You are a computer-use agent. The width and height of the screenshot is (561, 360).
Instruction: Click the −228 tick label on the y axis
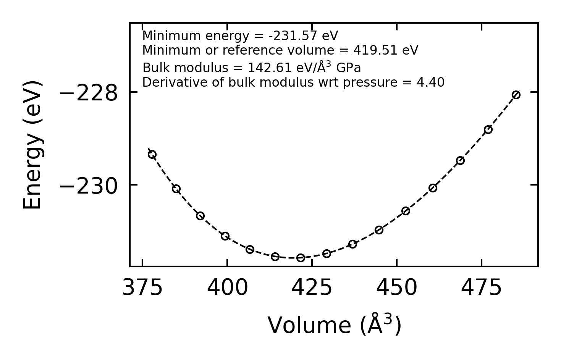tap(89, 93)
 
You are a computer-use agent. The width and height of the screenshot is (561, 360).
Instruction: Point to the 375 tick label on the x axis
tap(142, 288)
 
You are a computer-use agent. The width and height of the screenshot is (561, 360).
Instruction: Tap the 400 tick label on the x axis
tap(227, 288)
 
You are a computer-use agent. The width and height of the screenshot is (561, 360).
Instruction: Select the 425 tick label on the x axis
tap(312, 288)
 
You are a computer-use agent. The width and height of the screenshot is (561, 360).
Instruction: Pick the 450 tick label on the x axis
tap(397, 288)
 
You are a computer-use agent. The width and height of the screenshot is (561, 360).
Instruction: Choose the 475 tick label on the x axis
tap(481, 288)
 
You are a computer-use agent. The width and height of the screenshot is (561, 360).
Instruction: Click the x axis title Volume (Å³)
tap(334, 325)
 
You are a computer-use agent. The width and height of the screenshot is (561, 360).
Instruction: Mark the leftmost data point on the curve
tap(152, 155)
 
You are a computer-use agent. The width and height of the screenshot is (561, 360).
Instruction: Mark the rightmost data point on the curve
tap(516, 95)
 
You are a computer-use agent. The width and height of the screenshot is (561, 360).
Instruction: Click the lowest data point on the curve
tap(301, 258)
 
